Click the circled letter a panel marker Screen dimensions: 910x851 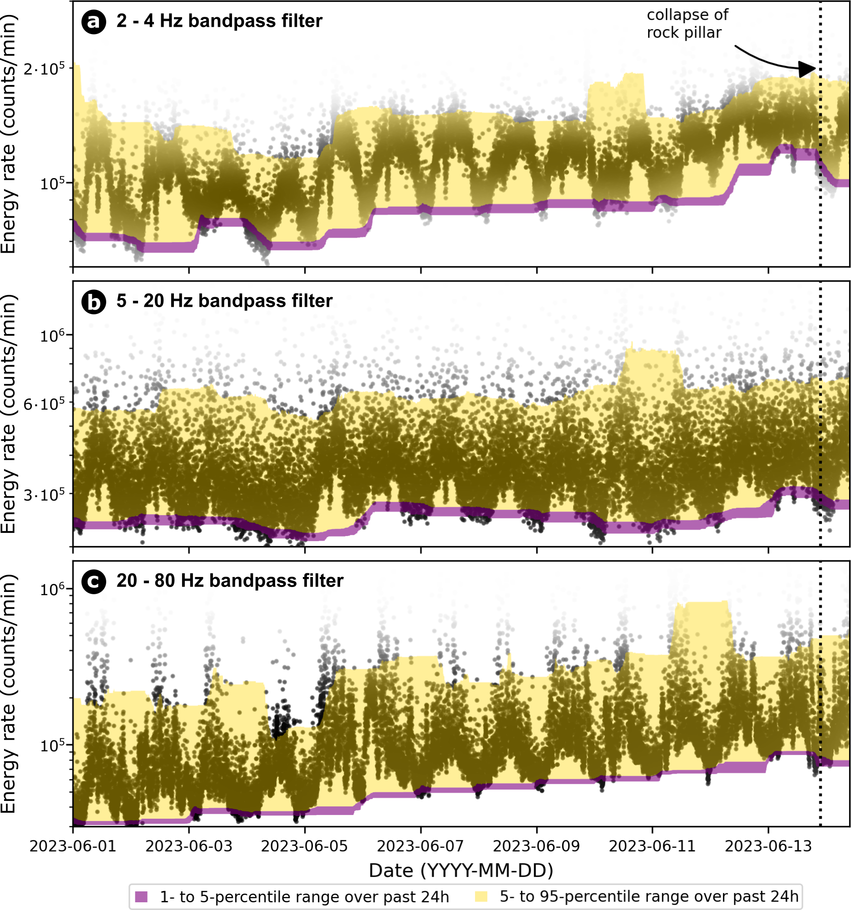pyautogui.click(x=94, y=22)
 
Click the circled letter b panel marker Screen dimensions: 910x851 pyautogui.click(x=94, y=302)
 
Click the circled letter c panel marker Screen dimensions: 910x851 pyautogui.click(x=94, y=582)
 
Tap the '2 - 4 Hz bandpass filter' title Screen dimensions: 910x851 pyautogui.click(x=219, y=21)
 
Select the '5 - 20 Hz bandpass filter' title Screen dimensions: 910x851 pyautogui.click(x=224, y=301)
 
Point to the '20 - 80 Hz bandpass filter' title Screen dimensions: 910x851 pyautogui.click(x=230, y=581)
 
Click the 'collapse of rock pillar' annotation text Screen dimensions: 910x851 pyautogui.click(x=687, y=24)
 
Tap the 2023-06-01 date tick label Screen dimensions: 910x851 pyautogui.click(x=73, y=846)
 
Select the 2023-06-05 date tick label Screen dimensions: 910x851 pyautogui.click(x=305, y=846)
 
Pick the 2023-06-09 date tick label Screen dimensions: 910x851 pyautogui.click(x=536, y=846)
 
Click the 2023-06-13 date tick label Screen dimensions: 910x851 pyautogui.click(x=768, y=846)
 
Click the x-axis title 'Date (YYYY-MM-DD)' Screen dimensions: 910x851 pyautogui.click(x=461, y=870)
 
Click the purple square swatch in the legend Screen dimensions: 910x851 pyautogui.click(x=142, y=896)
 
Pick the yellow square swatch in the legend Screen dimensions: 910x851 pyautogui.click(x=481, y=896)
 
